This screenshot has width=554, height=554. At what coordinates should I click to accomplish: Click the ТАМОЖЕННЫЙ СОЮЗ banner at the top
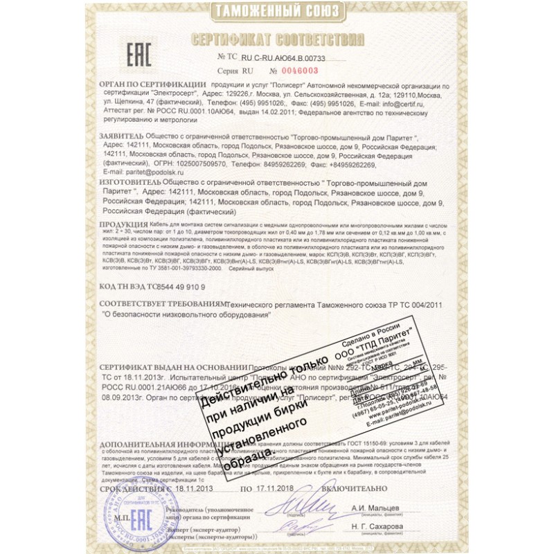pyautogui.click(x=277, y=10)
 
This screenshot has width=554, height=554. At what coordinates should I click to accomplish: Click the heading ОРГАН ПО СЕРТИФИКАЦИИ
pyautogui.click(x=143, y=82)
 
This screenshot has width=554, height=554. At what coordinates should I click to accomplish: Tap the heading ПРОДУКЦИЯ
pyautogui.click(x=123, y=226)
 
